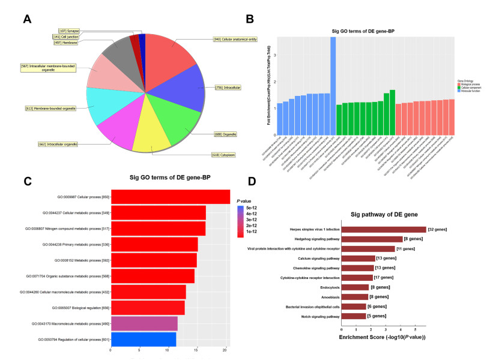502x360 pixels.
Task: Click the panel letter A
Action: click(26, 19)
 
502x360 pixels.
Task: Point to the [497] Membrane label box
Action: click(66, 43)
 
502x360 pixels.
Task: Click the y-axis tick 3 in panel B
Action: click(274, 55)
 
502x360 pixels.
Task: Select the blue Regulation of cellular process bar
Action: click(143, 339)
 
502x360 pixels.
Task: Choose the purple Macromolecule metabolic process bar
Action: click(144, 323)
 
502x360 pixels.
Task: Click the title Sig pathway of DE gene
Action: click(388, 214)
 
